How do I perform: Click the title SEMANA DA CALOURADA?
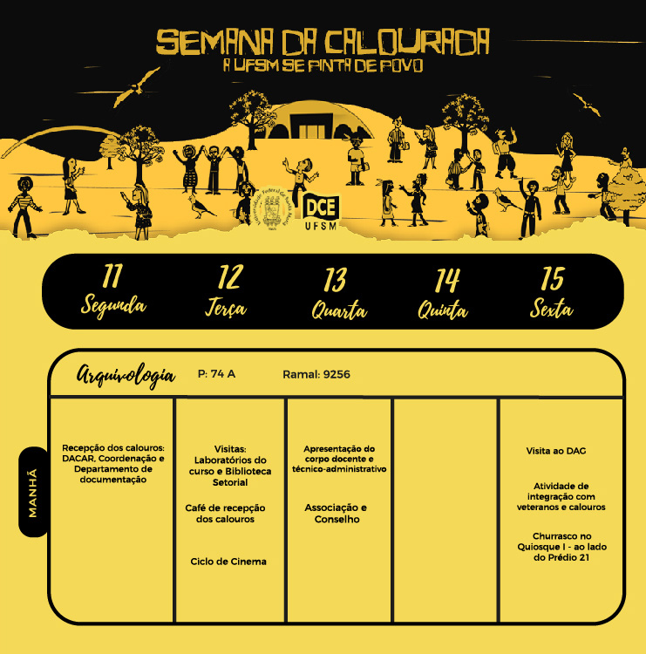pyautogui.click(x=323, y=41)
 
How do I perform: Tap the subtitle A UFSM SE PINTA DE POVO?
pyautogui.click(x=323, y=65)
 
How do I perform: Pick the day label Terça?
pyautogui.click(x=227, y=308)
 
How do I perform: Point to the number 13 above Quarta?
pyautogui.click(x=336, y=279)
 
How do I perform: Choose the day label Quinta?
pyautogui.click(x=442, y=309)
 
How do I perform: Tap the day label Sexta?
pyautogui.click(x=551, y=308)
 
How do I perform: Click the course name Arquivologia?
pyautogui.click(x=125, y=375)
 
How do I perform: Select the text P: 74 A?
pyautogui.click(x=217, y=374)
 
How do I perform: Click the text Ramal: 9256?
pyautogui.click(x=316, y=374)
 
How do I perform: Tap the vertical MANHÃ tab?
pyautogui.click(x=33, y=492)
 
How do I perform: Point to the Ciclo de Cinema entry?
pyautogui.click(x=228, y=562)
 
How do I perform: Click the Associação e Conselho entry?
pyautogui.click(x=336, y=514)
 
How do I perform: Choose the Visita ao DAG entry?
pyautogui.click(x=561, y=453)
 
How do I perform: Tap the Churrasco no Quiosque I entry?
pyautogui.click(x=561, y=547)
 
